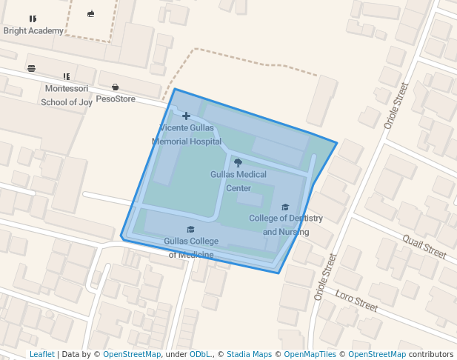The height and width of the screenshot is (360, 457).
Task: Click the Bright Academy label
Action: coord(33,31)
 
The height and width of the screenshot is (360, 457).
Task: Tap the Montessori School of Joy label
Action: coord(67,96)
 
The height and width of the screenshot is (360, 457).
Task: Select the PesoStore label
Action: coord(116,99)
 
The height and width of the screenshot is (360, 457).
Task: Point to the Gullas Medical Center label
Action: coord(238,181)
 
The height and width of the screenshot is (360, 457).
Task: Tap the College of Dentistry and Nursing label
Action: coord(286,225)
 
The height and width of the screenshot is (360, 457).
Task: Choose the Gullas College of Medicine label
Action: coord(191,248)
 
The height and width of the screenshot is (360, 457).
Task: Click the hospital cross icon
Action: coord(186,116)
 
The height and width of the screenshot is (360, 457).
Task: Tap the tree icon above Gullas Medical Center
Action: coord(238,162)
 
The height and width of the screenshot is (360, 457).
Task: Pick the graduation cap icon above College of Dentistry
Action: coord(285,207)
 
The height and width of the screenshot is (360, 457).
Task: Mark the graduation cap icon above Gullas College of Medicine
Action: coord(190,230)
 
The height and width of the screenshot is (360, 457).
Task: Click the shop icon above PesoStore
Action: coord(115,87)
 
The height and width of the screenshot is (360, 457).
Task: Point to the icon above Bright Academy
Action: coord(33,19)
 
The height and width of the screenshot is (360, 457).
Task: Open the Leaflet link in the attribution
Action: coord(41,355)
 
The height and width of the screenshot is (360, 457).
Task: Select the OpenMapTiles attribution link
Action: coord(310,355)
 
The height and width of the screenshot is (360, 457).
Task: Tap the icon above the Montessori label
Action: coord(67,76)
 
